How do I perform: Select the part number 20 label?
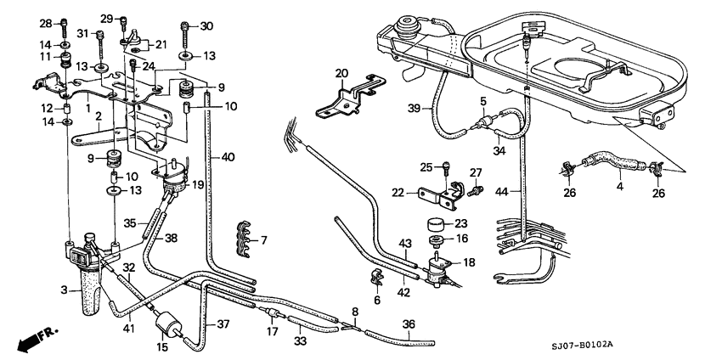click(x=341, y=73)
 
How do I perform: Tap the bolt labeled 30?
click(x=184, y=26)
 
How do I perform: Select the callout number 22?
click(x=399, y=193)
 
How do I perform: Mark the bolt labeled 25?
click(x=443, y=167)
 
